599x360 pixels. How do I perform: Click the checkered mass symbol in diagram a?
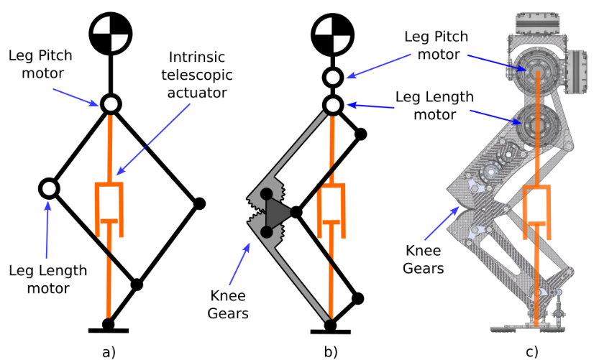pyautogui.click(x=109, y=32)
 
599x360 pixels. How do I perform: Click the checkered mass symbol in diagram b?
pyautogui.click(x=331, y=32)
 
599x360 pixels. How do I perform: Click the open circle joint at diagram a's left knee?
pyautogui.click(x=48, y=189)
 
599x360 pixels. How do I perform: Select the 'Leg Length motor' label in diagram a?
pyautogui.click(x=48, y=280)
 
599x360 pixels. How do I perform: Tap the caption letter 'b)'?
pyautogui.click(x=331, y=351)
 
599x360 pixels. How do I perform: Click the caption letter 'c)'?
pyautogui.click(x=531, y=351)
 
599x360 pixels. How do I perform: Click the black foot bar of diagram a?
pyautogui.click(x=109, y=331)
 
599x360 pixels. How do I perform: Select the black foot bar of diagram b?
pyautogui.click(x=331, y=331)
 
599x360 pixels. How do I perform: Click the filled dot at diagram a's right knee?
pyautogui.click(x=200, y=204)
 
